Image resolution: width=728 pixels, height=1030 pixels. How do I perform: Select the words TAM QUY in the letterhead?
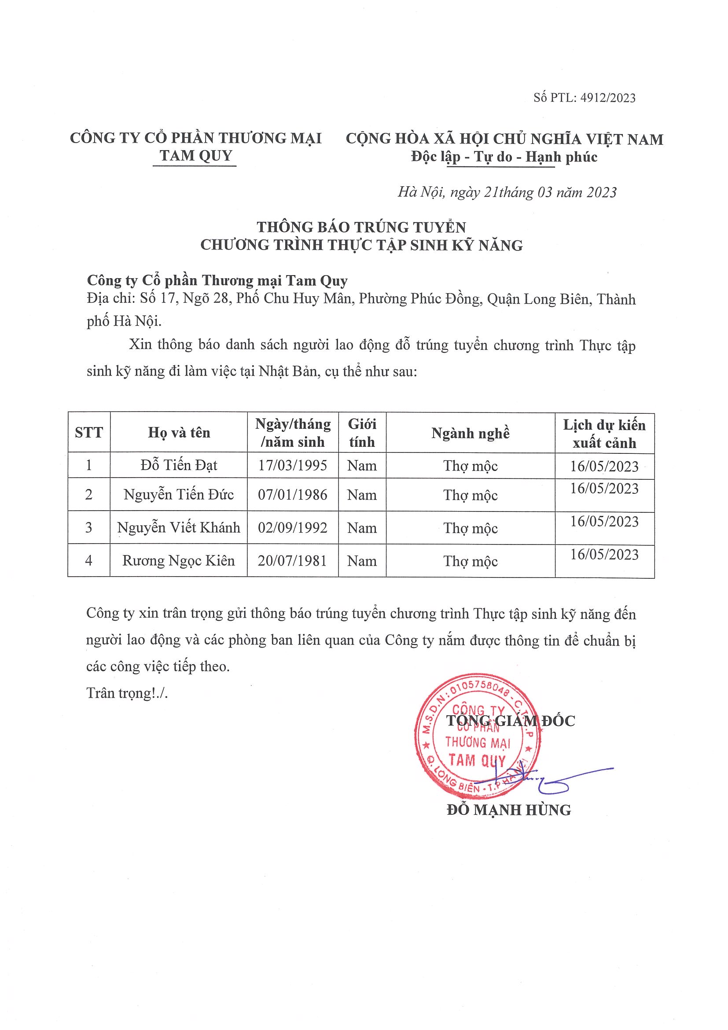tap(195, 156)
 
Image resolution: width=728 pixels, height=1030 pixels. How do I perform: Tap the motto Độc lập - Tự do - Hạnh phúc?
tap(504, 157)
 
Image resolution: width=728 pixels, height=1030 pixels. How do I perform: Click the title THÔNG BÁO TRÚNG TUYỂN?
tap(361, 227)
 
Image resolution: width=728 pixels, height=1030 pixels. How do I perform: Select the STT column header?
tap(89, 432)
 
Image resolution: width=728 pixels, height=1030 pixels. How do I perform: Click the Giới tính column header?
tap(361, 433)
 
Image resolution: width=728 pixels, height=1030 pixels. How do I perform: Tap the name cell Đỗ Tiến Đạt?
tap(179, 465)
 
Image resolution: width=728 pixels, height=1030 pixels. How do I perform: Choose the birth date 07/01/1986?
tap(292, 495)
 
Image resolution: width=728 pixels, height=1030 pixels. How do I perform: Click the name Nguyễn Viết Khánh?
tap(179, 528)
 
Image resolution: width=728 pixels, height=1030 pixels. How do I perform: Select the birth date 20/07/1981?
tap(292, 561)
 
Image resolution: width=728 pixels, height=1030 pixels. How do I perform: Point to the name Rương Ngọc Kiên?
tap(179, 561)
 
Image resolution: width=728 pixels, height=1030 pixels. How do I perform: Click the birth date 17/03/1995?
tap(292, 465)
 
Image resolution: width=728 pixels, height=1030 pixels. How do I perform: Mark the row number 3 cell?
tap(89, 528)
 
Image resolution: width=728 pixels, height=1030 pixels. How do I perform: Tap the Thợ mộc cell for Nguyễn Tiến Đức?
tap(470, 495)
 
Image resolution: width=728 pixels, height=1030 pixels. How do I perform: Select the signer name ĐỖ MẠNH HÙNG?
tap(509, 810)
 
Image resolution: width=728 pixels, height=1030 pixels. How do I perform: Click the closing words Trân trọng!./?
tap(127, 693)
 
